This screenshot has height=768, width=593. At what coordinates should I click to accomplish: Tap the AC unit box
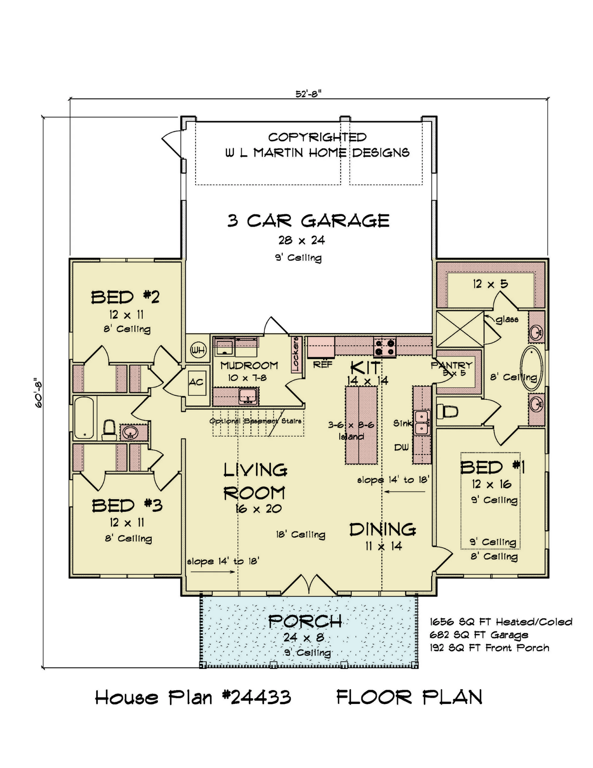point(197,383)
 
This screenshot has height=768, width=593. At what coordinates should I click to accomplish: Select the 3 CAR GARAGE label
point(308,221)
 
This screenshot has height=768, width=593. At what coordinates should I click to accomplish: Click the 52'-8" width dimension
point(309,94)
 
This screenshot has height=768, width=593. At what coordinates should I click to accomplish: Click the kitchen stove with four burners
point(385,347)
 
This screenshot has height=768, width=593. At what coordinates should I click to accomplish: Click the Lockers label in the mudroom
point(296,354)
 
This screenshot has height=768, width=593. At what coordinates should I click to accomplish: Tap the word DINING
point(383,529)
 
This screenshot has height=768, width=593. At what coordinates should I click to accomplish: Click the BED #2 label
point(125,297)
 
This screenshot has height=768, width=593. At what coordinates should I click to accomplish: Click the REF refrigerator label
point(323,365)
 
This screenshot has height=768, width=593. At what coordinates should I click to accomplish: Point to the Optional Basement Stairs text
point(256,421)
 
